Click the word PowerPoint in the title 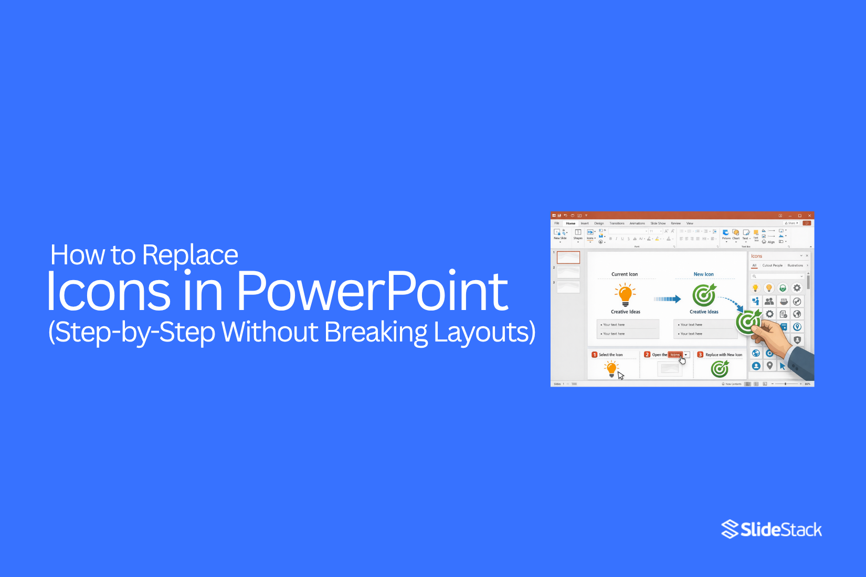[372, 292]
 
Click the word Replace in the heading [190, 255]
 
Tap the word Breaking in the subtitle [376, 332]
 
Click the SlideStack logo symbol [730, 529]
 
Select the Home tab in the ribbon [571, 223]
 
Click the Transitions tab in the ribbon [617, 223]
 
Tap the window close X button [809, 216]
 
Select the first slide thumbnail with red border [568, 258]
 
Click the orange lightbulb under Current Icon [625, 295]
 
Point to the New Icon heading [703, 274]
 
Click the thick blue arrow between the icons [667, 299]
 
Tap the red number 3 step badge [700, 355]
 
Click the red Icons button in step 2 [675, 355]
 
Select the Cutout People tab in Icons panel [772, 265]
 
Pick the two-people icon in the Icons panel [769, 301]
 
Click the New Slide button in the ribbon [559, 234]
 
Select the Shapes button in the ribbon [578, 234]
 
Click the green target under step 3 [720, 369]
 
